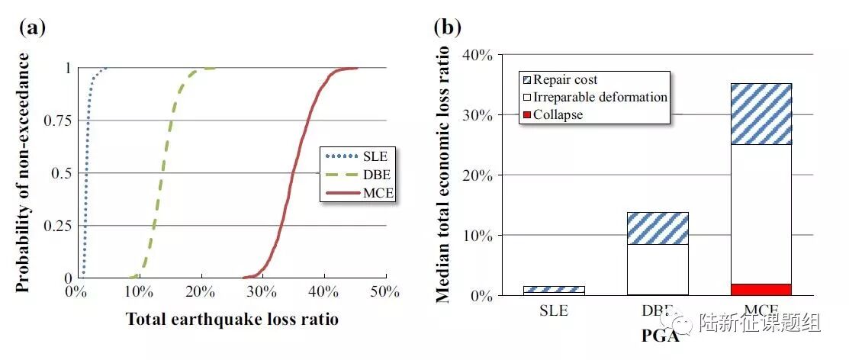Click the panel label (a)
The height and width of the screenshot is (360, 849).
[x=32, y=28]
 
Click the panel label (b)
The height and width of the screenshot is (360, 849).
[x=449, y=28]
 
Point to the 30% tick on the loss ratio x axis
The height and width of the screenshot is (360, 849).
[x=262, y=291]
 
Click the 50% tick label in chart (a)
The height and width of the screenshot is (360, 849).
[x=385, y=291]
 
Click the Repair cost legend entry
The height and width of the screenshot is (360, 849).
[x=565, y=80]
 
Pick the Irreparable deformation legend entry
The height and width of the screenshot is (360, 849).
[x=600, y=97]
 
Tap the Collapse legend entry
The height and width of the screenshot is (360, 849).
[x=558, y=114]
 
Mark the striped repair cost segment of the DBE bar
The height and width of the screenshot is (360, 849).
[x=658, y=228]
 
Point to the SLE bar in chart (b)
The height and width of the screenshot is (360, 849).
[x=554, y=290]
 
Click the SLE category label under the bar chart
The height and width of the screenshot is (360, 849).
[x=554, y=311]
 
